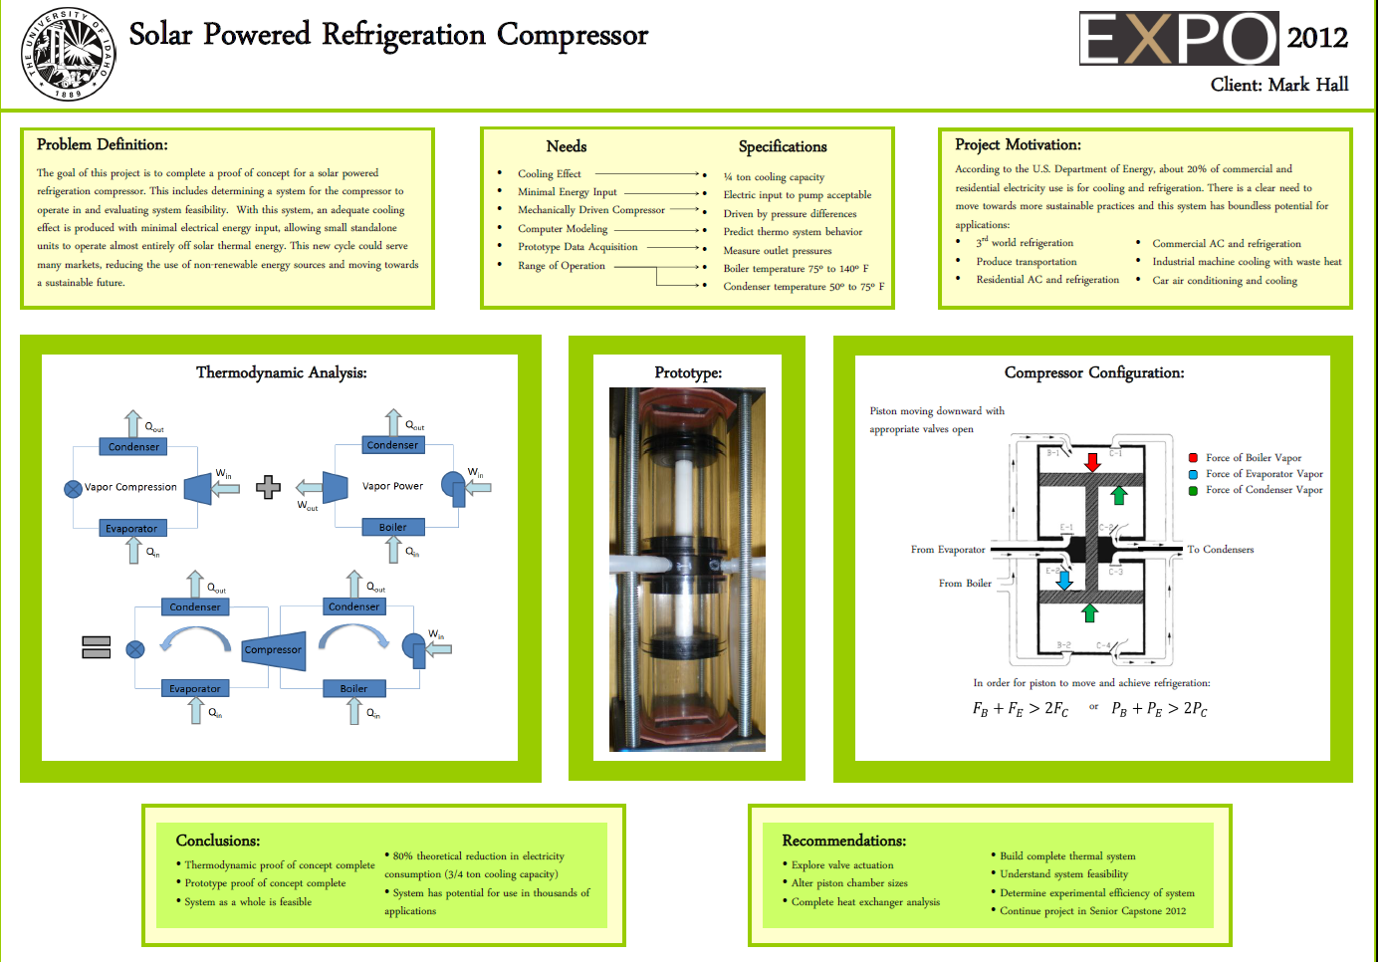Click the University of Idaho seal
pos(68,54)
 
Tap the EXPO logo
pos(1179,39)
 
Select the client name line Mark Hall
pos(1279,85)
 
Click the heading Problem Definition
pos(102,144)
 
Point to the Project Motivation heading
pos(1018,144)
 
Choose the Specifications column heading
pos(783,146)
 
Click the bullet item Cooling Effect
pos(549,174)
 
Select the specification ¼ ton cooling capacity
pos(774,177)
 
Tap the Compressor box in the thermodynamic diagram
pos(273,649)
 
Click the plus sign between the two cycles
pos(268,487)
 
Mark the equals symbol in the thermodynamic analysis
pos(96,647)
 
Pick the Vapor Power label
pos(392,486)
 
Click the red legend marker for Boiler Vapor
pos(1193,458)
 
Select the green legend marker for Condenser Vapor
pos(1193,490)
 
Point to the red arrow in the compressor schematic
pos(1092,462)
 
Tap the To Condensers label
pos(1220,550)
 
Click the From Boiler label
pos(964,584)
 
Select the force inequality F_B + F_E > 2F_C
pos(1020,709)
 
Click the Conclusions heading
pos(217,841)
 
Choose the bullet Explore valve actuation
pos(841,865)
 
